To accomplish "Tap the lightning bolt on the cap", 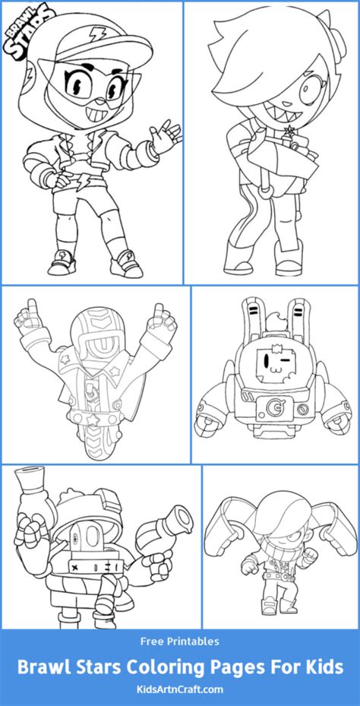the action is click(x=96, y=33).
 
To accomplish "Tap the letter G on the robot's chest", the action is click(x=272, y=407).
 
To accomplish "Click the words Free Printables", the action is click(x=180, y=641).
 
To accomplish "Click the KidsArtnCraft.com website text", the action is click(x=179, y=689).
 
